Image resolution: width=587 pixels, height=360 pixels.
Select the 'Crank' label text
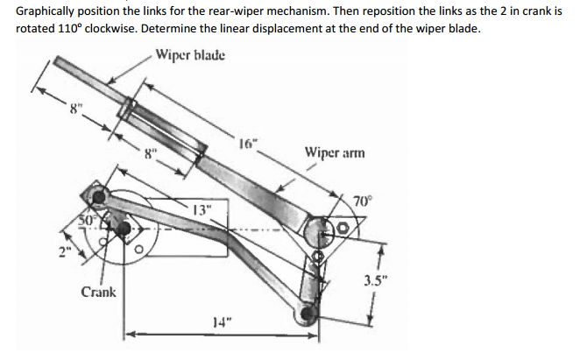pos(98,291)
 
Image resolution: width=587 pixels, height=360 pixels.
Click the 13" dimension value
pos(202,209)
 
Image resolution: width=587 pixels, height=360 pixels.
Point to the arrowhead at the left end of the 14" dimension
pos(127,334)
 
